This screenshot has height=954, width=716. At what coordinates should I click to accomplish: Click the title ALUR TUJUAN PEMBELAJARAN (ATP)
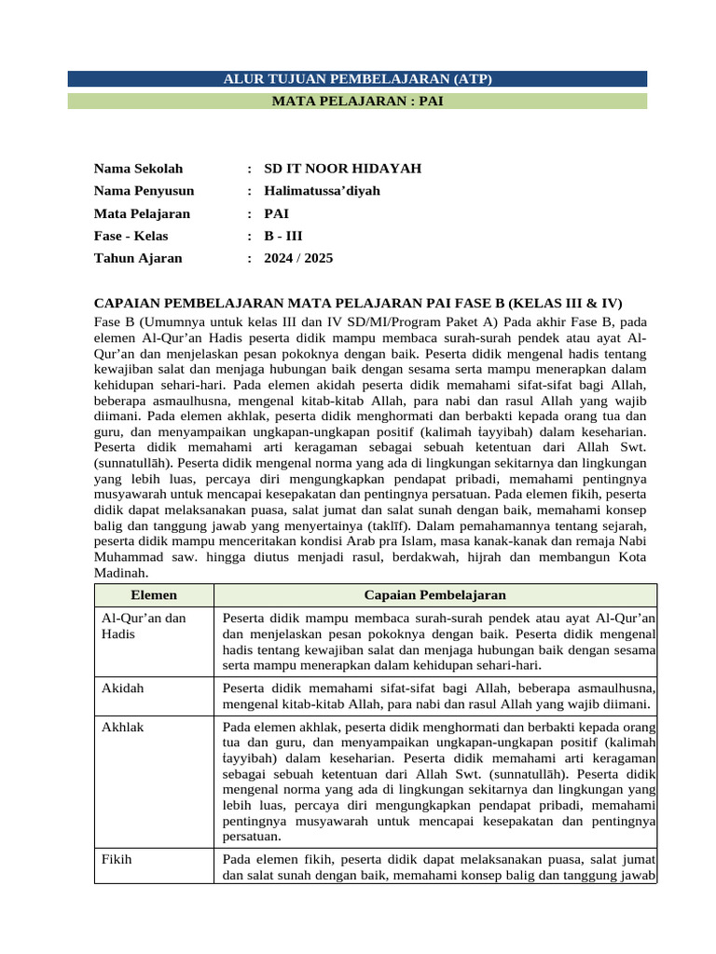[x=358, y=79]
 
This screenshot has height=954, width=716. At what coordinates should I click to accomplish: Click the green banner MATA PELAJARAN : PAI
[x=358, y=101]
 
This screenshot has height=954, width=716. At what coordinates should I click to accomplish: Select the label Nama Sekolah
[x=138, y=169]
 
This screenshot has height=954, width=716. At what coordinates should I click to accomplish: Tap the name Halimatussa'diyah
[x=322, y=191]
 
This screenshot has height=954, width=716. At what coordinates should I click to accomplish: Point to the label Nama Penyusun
[x=144, y=191]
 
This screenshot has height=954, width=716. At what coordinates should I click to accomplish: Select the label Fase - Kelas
[x=131, y=236]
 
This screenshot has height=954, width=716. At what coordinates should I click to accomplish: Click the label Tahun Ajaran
[x=138, y=258]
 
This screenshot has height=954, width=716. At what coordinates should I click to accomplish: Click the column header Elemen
[x=154, y=594]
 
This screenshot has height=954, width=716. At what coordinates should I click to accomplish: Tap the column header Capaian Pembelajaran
[x=434, y=594]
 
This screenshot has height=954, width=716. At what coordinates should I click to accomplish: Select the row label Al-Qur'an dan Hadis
[x=144, y=626]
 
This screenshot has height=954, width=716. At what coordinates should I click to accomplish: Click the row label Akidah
[x=122, y=688]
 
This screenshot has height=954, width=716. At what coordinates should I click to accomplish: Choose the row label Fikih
[x=117, y=859]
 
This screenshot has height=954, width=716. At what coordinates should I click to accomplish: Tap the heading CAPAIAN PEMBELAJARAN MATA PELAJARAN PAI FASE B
[x=358, y=304]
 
